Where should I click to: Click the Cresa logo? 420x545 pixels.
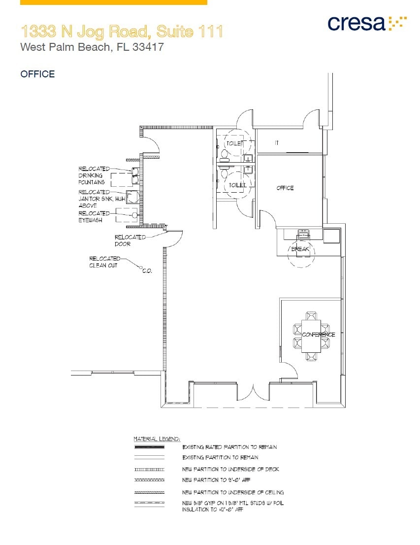(367, 23)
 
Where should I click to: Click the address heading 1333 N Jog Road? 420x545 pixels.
(122, 32)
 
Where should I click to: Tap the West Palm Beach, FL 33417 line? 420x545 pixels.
(92, 48)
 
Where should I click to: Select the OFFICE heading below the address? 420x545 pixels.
(37, 74)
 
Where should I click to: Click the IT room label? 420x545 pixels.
(277, 143)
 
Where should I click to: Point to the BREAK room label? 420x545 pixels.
(300, 249)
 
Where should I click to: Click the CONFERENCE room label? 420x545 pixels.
(318, 335)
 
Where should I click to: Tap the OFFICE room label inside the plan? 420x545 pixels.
(285, 188)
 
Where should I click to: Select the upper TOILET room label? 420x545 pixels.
(234, 143)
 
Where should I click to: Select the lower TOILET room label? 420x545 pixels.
(237, 185)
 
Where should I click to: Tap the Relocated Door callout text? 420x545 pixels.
(130, 240)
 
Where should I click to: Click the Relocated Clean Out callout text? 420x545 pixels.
(104, 262)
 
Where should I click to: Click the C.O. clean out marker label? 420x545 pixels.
(147, 271)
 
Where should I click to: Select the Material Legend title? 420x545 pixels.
(157, 439)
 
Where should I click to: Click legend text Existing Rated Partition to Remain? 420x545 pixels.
(229, 447)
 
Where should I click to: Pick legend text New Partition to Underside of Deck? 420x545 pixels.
(230, 469)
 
